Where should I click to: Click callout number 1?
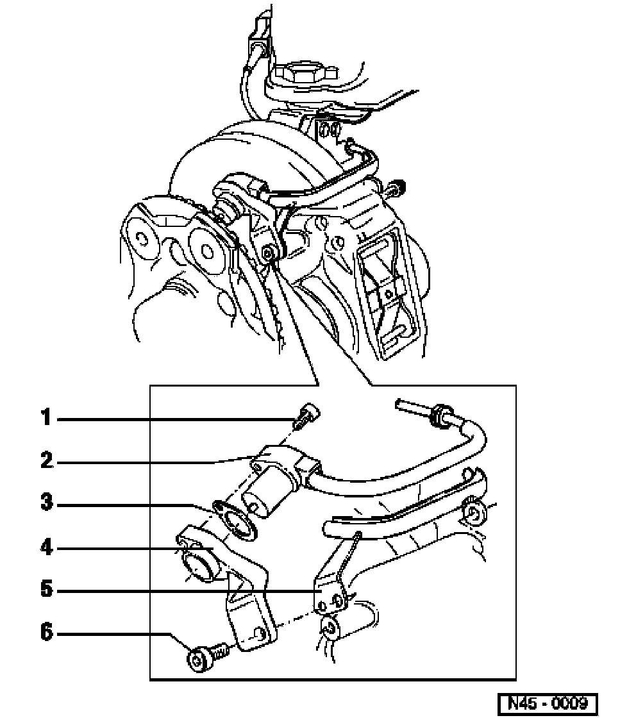click(46, 417)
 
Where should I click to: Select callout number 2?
click(47, 460)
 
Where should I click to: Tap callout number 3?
click(47, 503)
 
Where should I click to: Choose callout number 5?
click(47, 589)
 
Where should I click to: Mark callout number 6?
click(47, 632)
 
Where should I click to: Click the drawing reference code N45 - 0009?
click(548, 703)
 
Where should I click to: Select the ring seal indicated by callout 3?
click(235, 520)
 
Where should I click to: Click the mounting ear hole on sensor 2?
click(258, 465)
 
